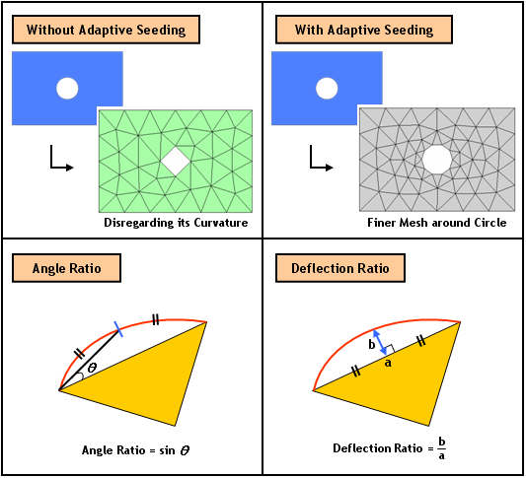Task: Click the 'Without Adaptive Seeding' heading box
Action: click(x=106, y=30)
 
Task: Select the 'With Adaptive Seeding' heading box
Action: click(x=364, y=30)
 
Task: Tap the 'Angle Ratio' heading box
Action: click(x=66, y=268)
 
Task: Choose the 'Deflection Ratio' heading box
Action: click(x=340, y=268)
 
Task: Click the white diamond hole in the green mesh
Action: click(x=176, y=161)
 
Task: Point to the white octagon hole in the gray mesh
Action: click(x=436, y=160)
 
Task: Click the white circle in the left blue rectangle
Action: click(x=67, y=89)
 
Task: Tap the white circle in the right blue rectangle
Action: click(x=327, y=89)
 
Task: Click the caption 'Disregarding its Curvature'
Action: click(x=176, y=223)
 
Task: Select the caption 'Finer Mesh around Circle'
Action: click(x=437, y=223)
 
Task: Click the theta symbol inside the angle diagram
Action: click(x=92, y=368)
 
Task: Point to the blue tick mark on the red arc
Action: click(x=118, y=329)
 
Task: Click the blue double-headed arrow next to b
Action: click(x=380, y=342)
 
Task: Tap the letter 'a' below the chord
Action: click(x=388, y=363)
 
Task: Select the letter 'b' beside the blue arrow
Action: click(x=372, y=344)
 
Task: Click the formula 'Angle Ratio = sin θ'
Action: click(x=136, y=449)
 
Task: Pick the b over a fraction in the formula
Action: click(x=442, y=448)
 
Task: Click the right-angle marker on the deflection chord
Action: click(x=390, y=349)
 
